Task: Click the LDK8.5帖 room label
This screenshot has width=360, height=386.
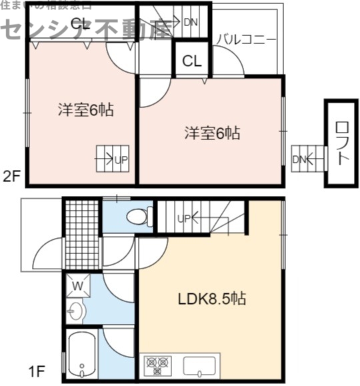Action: [x=211, y=299]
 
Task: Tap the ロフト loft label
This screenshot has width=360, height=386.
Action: [x=341, y=143]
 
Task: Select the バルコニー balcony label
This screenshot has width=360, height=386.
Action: [x=245, y=39]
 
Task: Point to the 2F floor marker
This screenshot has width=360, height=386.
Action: [x=11, y=177]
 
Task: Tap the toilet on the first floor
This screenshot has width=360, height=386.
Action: [x=137, y=216]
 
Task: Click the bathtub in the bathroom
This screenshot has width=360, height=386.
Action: [x=81, y=356]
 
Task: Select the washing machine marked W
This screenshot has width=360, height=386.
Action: [x=77, y=287]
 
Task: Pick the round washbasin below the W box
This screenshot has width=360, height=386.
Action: [x=75, y=311]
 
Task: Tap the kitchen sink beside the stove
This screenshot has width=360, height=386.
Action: [x=199, y=366]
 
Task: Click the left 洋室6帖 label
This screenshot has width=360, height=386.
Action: [x=84, y=110]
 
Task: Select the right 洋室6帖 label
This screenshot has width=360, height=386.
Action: [x=212, y=133]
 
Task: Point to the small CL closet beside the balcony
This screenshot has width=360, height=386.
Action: [x=192, y=62]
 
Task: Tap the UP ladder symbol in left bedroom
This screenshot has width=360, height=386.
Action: [x=112, y=159]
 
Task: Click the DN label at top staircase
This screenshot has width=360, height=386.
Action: [x=190, y=22]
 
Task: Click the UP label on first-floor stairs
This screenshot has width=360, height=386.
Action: [x=185, y=219]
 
